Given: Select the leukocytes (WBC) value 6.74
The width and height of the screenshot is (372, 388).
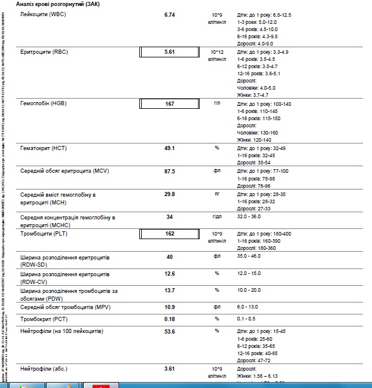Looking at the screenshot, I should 169,13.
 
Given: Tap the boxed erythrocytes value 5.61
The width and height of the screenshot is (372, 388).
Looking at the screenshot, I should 169,52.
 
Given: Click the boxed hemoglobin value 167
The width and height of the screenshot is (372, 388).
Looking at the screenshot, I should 169,103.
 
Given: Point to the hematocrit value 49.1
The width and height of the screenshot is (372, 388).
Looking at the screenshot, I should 169,148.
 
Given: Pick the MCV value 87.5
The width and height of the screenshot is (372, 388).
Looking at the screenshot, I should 169,171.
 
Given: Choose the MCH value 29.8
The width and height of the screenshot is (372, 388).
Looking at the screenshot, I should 169,194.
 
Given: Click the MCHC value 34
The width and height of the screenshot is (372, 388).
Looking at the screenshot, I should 169,216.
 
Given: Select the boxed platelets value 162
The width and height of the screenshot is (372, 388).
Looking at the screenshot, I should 169,233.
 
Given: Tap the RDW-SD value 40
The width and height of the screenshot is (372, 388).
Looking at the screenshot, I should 169,256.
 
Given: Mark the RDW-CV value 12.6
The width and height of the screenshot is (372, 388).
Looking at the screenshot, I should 169,274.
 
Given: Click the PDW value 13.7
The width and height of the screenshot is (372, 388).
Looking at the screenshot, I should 169,290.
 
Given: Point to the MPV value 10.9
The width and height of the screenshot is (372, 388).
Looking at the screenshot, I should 169,306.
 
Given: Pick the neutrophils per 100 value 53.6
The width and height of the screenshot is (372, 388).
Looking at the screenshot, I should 169,331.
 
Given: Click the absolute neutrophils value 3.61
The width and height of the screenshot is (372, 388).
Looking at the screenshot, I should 169,368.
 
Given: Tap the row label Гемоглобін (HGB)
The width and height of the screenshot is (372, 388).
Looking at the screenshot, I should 44,103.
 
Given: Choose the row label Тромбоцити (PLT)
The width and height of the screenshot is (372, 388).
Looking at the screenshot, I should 44,233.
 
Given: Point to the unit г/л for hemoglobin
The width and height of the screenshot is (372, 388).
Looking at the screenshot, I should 217,103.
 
